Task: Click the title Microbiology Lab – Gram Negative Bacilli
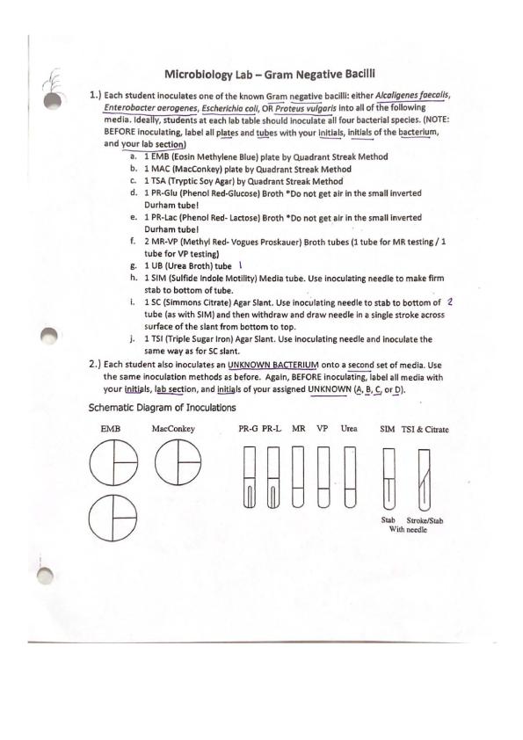click(270, 74)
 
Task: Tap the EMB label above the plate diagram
click(111, 429)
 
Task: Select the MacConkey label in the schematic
click(173, 429)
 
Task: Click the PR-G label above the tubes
click(248, 429)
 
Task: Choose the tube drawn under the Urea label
click(350, 476)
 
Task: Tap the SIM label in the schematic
click(388, 429)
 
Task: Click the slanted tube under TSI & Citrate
click(424, 479)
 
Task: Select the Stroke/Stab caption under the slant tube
click(425, 520)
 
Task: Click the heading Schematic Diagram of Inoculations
click(162, 407)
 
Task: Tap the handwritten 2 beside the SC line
click(450, 301)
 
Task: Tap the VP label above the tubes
click(323, 429)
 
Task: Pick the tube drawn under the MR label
click(298, 476)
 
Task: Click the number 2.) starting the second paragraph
click(94, 364)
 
